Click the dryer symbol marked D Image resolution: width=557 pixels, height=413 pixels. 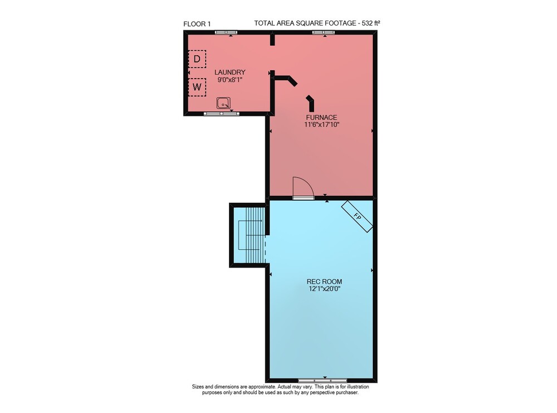click(197, 59)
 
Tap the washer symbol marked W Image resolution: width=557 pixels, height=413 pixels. click(197, 87)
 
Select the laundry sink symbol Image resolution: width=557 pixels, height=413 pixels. click(223, 103)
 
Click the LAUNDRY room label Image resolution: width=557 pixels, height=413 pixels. click(230, 72)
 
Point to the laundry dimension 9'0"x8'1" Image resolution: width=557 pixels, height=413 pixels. click(230, 80)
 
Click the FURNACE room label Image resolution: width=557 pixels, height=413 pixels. click(321, 117)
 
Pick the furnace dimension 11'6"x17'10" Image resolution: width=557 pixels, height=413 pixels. click(322, 125)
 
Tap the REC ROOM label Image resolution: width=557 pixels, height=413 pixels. click(324, 281)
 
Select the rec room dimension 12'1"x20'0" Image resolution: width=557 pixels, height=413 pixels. click(324, 289)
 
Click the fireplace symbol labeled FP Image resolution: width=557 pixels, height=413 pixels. click(357, 217)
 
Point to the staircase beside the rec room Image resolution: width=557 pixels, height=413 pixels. click(251, 235)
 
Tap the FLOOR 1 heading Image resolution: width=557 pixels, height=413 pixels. click(197, 24)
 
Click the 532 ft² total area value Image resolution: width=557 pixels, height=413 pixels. click(371, 23)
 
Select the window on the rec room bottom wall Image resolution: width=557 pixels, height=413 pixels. click(323, 380)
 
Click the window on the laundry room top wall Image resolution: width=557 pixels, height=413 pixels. click(226, 32)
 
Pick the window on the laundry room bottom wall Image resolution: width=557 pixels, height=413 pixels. click(221, 114)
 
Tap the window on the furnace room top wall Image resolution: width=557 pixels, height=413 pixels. click(323, 32)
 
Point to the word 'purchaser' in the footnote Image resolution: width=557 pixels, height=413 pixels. click(347, 393)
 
